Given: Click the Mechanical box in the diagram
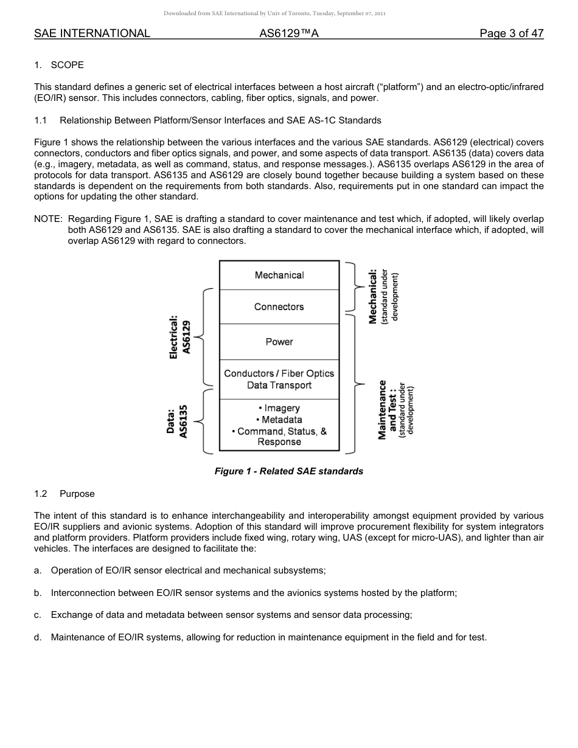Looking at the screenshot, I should point(279,275).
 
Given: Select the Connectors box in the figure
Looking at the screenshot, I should point(279,306).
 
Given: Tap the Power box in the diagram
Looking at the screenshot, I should point(279,342).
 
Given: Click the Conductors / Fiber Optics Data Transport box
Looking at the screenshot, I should point(279,379).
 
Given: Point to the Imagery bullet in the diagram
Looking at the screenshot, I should point(279,408).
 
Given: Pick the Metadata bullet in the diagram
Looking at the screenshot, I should point(279,420).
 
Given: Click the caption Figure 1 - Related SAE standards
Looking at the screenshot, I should point(288,471).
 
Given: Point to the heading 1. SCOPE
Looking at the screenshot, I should point(59,64).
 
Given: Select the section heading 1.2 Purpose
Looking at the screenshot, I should point(64,494).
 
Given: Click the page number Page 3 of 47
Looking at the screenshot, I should point(511,33).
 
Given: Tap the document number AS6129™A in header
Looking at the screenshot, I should point(289,33).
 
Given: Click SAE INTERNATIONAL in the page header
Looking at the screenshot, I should point(92,33).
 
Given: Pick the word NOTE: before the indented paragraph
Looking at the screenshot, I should point(48,218).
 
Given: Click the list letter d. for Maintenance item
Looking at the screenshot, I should point(38,637).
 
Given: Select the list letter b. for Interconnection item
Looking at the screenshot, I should point(38,592).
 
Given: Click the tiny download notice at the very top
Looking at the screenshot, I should point(274,13).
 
